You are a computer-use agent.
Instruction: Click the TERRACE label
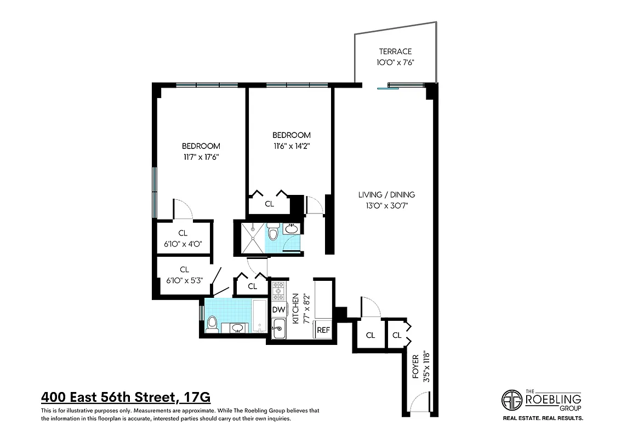pos(395,51)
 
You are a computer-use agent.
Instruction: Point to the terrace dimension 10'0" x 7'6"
pos(395,62)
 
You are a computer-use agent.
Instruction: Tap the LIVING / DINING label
pos(386,194)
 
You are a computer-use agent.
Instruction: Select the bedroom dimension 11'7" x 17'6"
pos(201,157)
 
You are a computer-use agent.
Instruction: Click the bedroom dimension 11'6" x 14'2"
pos(292,146)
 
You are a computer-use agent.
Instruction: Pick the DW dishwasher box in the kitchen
pos(278,309)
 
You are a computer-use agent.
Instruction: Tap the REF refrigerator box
pos(323,330)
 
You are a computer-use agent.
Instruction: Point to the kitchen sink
pos(279,328)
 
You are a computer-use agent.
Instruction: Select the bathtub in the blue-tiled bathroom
pos(259,316)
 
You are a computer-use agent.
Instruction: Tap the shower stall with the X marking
pos(249,238)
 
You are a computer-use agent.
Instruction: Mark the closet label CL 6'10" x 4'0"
pos(183,238)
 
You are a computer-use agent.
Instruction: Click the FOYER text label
pos(415,367)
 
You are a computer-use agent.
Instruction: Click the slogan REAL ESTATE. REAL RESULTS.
pos(543,418)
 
